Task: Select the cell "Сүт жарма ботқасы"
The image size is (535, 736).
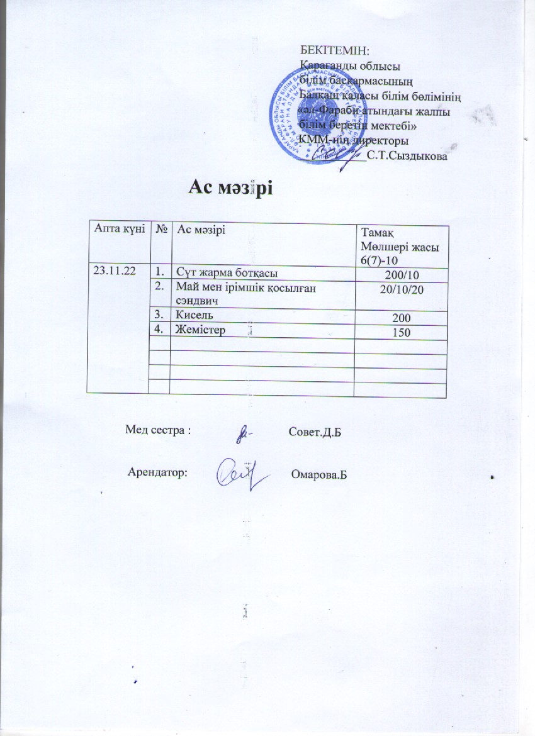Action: tap(227, 272)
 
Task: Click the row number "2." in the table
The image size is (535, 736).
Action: tap(161, 287)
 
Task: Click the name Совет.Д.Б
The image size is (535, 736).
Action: tap(314, 433)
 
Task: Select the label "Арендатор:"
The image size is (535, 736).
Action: tap(157, 472)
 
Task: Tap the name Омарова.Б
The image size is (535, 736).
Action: tap(320, 473)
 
